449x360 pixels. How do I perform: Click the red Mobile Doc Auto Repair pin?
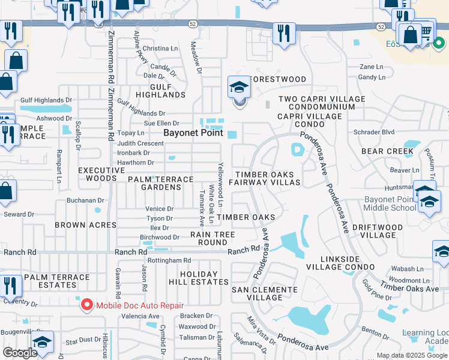click(87, 305)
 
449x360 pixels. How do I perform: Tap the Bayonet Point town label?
click(194, 133)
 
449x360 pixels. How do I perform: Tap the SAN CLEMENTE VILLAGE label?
click(265, 293)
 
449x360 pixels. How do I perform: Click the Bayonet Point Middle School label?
click(390, 203)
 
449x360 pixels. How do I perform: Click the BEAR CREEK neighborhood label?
click(387, 151)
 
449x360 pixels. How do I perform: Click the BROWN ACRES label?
click(85, 225)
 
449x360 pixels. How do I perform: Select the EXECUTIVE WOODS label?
click(97, 174)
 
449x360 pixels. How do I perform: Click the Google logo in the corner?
click(20, 353)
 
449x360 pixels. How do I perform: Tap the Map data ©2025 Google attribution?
click(411, 355)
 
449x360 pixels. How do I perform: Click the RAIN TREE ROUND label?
click(208, 238)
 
